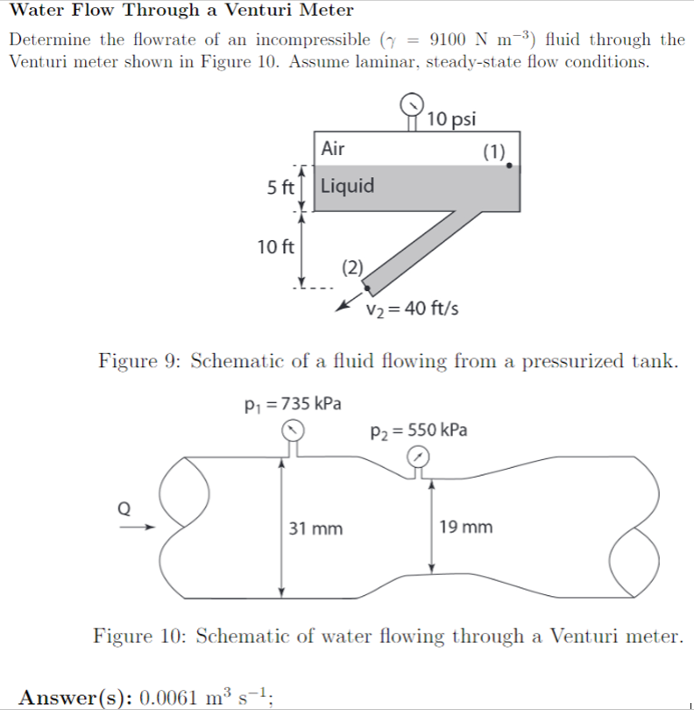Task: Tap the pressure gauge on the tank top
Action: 411,105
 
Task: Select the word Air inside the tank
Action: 333,148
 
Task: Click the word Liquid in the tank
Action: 348,186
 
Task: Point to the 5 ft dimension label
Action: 280,188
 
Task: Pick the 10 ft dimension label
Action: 275,246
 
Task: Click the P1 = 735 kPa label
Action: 293,404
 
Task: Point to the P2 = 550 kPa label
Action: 419,430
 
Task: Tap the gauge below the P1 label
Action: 294,430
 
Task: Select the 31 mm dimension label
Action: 316,529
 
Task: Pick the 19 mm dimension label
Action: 466,528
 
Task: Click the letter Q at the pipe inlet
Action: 124,508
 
